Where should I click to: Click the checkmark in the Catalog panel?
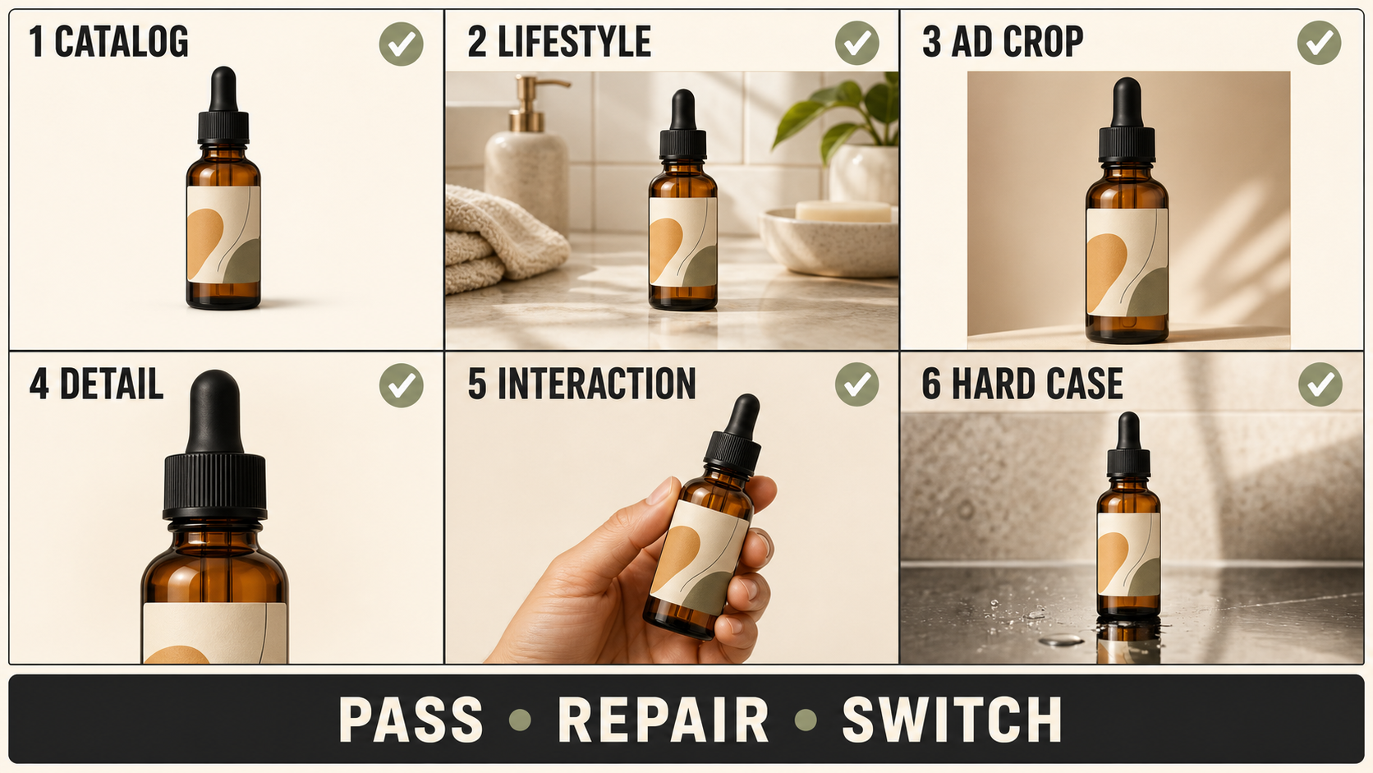tap(401, 44)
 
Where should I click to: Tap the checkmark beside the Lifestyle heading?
tap(857, 43)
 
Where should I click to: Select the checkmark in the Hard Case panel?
tap(1320, 384)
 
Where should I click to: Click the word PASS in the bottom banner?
tap(411, 720)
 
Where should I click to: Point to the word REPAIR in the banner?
tap(663, 720)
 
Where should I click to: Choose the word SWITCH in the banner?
tap(952, 720)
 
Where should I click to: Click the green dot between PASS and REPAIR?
tap(521, 720)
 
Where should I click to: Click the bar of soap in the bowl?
tap(843, 212)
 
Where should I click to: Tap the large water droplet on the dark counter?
tap(1061, 640)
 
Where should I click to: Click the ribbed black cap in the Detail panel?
tap(214, 485)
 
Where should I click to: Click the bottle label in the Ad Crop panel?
tap(1127, 262)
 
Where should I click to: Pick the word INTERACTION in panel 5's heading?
tap(596, 384)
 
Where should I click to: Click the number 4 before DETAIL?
tap(39, 384)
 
